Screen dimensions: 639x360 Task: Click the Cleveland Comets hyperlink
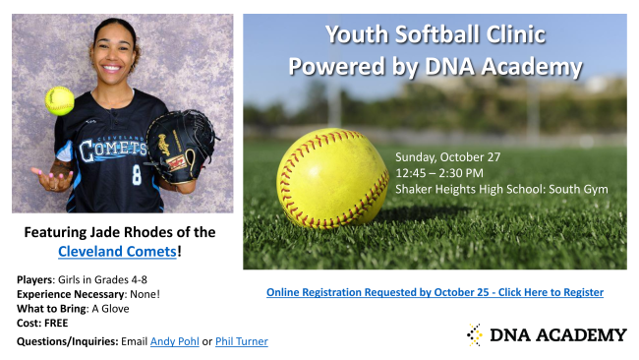[x=117, y=251]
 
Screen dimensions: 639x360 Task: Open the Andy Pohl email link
[x=175, y=341]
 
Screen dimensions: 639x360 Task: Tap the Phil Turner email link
[x=242, y=341]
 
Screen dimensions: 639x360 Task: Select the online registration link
[x=435, y=292]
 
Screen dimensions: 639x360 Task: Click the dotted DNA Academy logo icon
[x=475, y=334]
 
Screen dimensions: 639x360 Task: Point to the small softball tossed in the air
[x=60, y=100]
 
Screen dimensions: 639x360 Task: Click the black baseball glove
[x=180, y=146]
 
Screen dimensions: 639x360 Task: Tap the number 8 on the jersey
[x=137, y=174]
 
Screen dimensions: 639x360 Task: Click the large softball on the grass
[x=332, y=179]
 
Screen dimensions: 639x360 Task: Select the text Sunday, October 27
[x=448, y=157]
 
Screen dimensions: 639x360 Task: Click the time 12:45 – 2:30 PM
[x=439, y=173]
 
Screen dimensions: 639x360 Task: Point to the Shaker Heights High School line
[x=501, y=189]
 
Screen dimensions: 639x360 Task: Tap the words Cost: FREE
[x=42, y=323]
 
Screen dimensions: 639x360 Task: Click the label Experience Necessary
[x=71, y=294]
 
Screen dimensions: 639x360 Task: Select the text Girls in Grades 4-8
[x=102, y=279]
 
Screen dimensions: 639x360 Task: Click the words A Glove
[x=110, y=309]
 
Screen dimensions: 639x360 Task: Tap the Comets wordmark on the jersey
[x=112, y=150]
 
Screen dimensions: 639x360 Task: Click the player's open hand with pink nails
[x=52, y=179]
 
